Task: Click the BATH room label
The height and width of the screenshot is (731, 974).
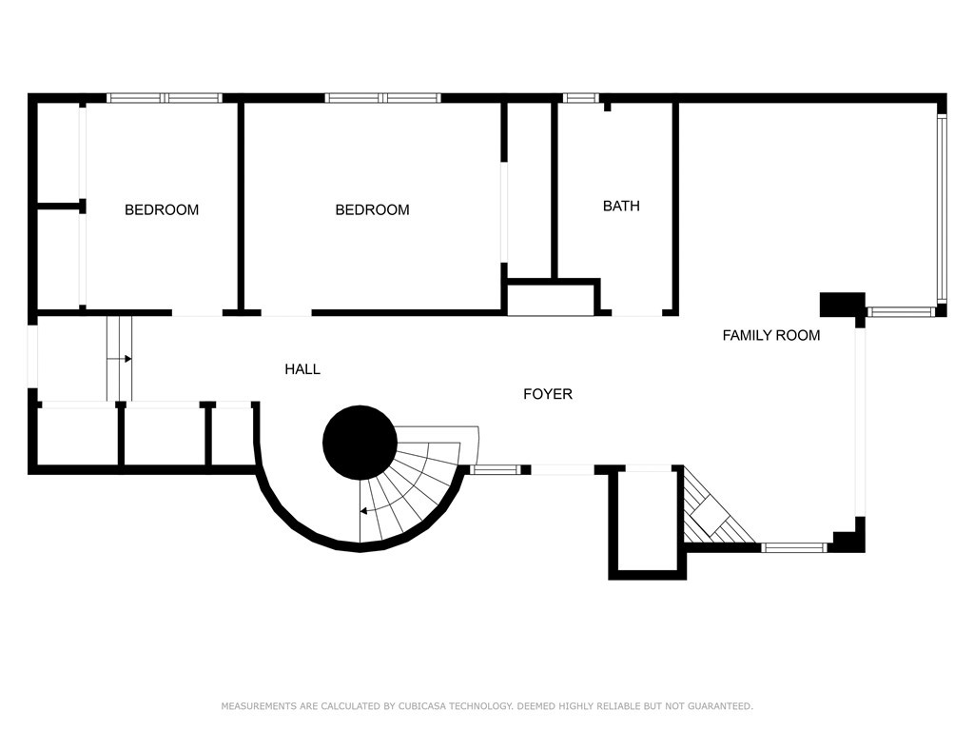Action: point(621,206)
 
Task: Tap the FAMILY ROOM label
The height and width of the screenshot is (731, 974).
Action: point(770,335)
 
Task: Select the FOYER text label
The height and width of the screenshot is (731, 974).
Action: point(548,394)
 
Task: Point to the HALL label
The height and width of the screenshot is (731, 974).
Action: point(302,369)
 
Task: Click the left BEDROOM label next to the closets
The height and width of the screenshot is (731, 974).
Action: point(162,209)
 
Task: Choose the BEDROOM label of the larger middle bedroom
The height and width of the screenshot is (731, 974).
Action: point(372,209)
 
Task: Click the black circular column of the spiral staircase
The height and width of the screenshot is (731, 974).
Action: point(360,442)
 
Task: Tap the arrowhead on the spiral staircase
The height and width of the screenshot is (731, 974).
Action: point(363,511)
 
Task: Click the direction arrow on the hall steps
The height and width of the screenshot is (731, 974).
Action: point(127,359)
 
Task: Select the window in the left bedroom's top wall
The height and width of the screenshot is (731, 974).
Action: point(164,97)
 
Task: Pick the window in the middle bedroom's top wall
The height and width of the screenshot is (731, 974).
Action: point(382,97)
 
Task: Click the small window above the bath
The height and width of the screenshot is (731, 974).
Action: point(580,97)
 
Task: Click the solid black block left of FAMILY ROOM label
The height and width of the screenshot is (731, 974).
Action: point(842,304)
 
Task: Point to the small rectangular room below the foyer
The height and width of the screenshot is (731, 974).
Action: point(648,521)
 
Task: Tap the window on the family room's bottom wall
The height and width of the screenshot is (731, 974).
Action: point(795,547)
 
